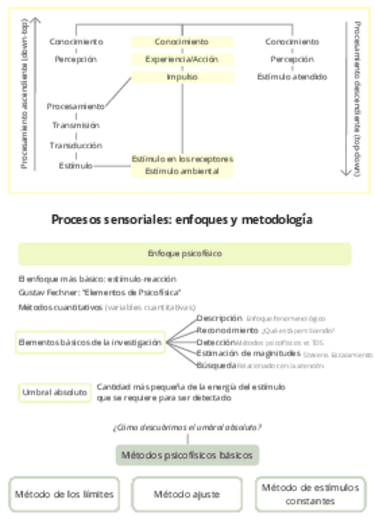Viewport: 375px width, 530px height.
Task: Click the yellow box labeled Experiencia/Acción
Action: pyautogui.click(x=182, y=59)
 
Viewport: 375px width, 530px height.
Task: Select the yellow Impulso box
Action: pyautogui.click(x=182, y=77)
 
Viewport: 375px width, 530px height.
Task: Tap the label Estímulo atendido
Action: pyautogui.click(x=292, y=77)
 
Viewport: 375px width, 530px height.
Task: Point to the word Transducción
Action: pyautogui.click(x=76, y=145)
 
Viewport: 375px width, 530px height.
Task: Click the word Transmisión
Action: pyautogui.click(x=76, y=126)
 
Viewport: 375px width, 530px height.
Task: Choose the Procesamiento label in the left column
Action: pyautogui.click(x=76, y=106)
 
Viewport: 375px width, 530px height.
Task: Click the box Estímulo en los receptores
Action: pyautogui.click(x=182, y=159)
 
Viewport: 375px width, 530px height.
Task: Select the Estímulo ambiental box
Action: pyautogui.click(x=182, y=171)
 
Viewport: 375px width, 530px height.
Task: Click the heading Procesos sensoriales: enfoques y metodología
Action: pyautogui.click(x=182, y=220)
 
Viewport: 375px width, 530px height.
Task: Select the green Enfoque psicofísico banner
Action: pyautogui.click(x=184, y=254)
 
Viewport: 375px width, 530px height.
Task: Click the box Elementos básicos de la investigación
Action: pyautogui.click(x=90, y=342)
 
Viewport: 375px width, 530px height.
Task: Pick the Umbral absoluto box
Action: pyautogui.click(x=54, y=393)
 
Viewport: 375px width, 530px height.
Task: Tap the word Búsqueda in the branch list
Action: pyautogui.click(x=216, y=365)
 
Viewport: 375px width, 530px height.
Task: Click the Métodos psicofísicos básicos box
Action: pyautogui.click(x=187, y=455)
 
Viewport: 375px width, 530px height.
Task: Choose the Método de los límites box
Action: pyautogui.click(x=64, y=494)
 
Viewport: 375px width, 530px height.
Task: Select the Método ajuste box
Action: pyautogui.click(x=187, y=494)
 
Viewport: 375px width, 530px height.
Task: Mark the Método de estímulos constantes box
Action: pyautogui.click(x=310, y=494)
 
